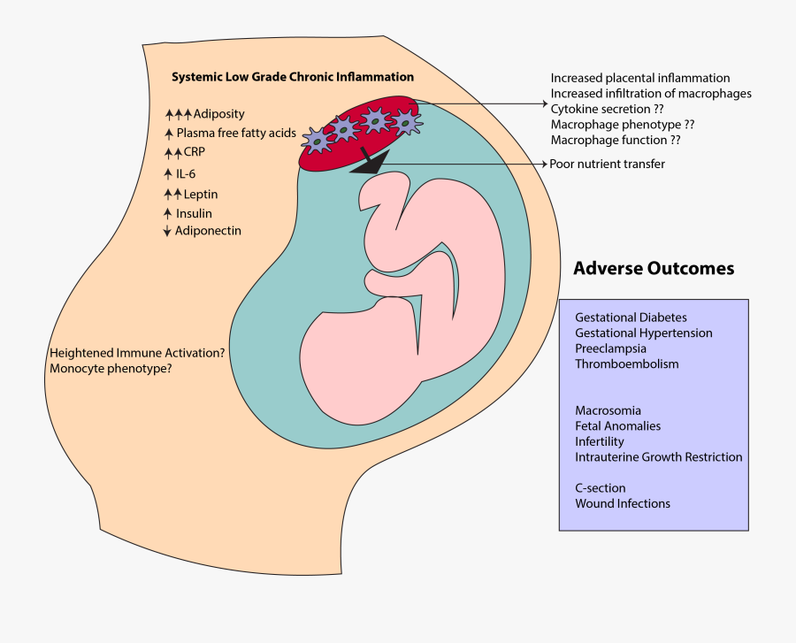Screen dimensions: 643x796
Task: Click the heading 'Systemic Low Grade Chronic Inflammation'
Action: [x=293, y=77]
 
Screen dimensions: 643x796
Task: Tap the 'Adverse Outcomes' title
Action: [x=654, y=268]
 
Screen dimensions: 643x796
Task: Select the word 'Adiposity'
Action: [x=218, y=114]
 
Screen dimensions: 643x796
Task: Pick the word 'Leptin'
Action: [x=201, y=194]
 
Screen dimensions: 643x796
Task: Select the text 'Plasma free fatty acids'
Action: [x=236, y=134]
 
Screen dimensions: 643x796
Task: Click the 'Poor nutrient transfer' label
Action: [x=607, y=164]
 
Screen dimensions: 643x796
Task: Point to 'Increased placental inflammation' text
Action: [x=640, y=78]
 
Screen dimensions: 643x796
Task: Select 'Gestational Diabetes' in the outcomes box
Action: [x=631, y=318]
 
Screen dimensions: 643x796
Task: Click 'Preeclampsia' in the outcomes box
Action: [x=610, y=348]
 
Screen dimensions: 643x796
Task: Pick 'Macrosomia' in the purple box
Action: [x=608, y=410]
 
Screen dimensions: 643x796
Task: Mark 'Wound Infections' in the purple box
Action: [x=623, y=503]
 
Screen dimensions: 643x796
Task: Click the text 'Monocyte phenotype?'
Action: [x=111, y=368]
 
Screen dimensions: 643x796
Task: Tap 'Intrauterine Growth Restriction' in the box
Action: [x=658, y=457]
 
